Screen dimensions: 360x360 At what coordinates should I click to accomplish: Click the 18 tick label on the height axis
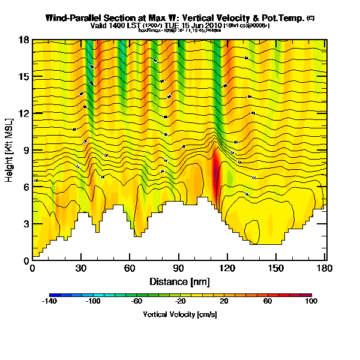point(25,40)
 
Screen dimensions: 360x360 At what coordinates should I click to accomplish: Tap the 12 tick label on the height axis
point(25,113)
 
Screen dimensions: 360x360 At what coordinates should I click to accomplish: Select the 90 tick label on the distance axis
point(178,268)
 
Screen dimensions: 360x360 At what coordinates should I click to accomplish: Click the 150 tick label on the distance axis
point(275,268)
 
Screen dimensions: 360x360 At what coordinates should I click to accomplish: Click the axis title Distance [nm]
point(178,281)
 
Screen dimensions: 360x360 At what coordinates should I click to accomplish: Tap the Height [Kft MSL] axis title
point(10,150)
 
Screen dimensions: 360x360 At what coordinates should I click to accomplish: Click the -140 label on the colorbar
point(50,302)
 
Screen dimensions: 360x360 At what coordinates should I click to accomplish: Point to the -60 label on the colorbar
point(136,302)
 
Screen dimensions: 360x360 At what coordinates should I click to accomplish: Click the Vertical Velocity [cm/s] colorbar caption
point(179,314)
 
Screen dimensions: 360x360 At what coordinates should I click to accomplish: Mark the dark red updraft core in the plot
point(217,174)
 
